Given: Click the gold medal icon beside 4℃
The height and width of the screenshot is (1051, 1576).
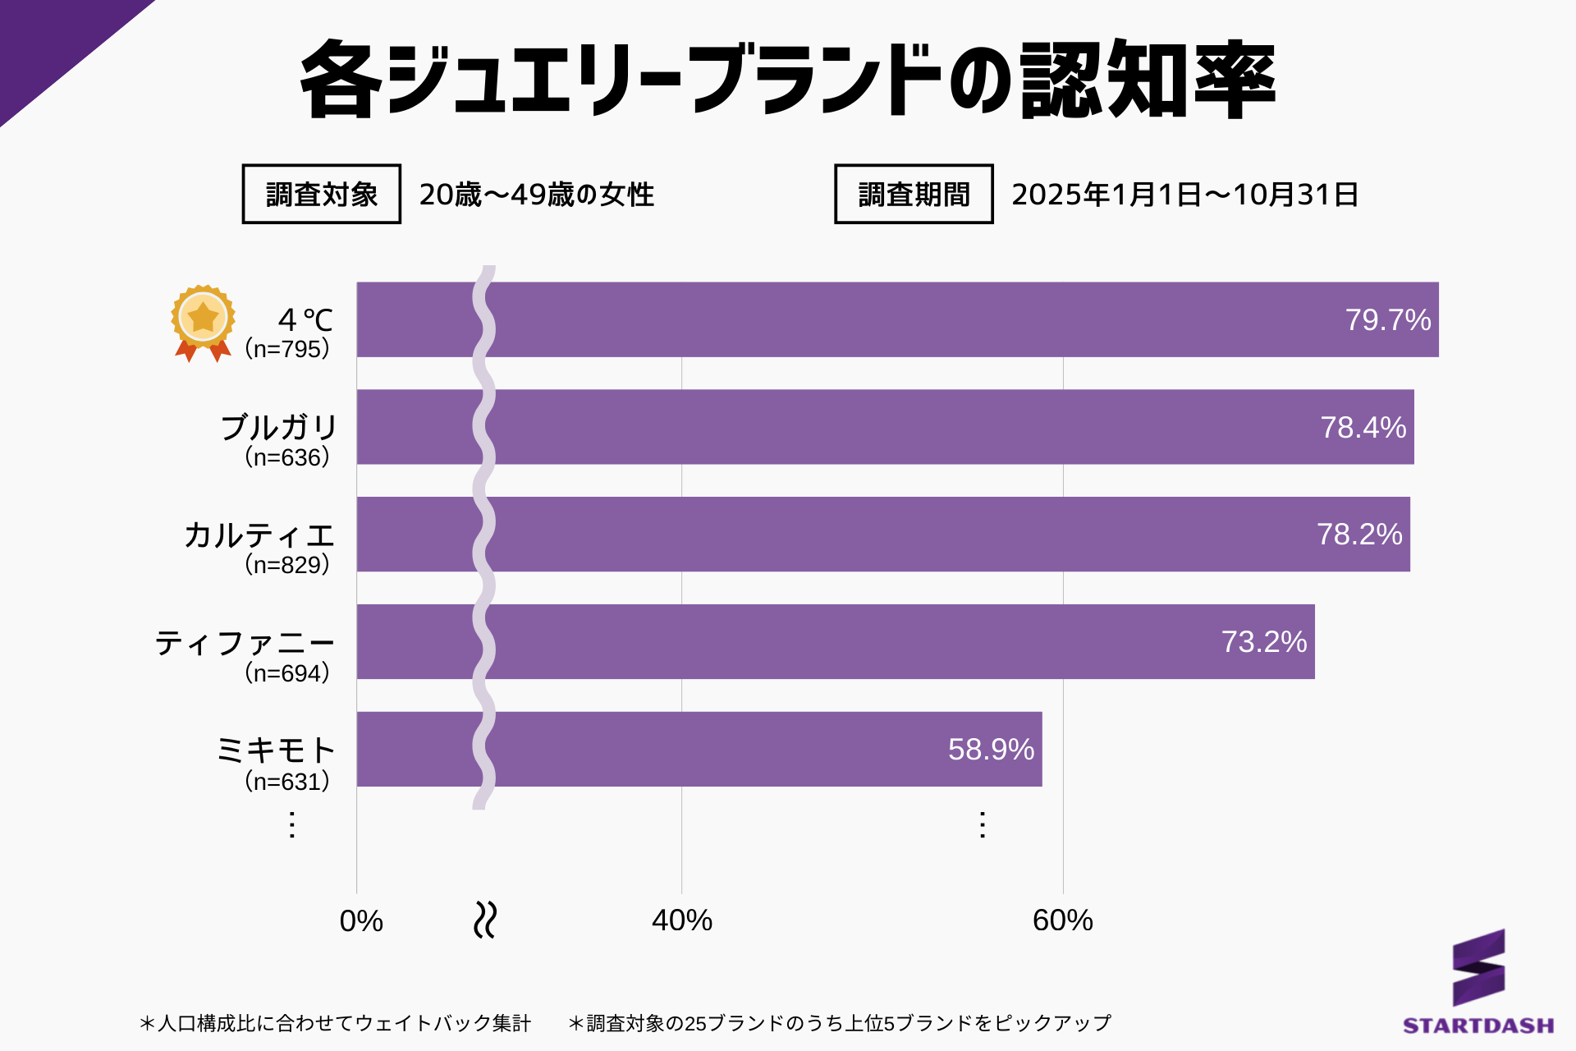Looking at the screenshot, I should (203, 322).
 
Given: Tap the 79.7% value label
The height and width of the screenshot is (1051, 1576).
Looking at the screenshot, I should (1387, 320).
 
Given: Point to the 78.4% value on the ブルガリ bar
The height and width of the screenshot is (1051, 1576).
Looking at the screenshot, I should (1363, 428).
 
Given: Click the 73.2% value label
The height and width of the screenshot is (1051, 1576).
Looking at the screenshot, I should (1263, 642).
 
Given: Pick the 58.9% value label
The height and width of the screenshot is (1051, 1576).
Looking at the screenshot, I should (991, 750).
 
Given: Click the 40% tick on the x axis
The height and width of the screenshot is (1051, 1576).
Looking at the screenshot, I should (681, 920).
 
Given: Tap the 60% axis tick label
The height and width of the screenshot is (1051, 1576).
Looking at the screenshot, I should (1062, 920).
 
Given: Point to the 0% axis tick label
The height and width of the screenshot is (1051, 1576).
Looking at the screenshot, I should (361, 921).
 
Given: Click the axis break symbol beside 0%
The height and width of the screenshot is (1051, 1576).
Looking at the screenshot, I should (485, 920).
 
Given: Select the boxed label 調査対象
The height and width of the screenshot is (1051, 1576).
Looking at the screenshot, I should (321, 195).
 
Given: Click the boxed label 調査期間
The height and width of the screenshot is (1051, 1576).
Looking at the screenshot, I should (914, 195).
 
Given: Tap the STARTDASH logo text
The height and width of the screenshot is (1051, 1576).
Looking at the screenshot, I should (1477, 1026).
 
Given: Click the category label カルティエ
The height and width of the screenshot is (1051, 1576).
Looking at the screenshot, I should (259, 535).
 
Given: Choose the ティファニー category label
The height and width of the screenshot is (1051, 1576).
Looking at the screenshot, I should (245, 643).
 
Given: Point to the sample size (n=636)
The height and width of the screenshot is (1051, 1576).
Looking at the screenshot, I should (287, 457).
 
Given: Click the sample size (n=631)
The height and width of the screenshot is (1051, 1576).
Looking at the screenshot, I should (287, 781).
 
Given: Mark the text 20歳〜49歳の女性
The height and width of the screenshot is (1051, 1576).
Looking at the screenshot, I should (536, 195).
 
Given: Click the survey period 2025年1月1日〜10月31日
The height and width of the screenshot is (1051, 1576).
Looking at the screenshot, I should (1184, 195).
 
